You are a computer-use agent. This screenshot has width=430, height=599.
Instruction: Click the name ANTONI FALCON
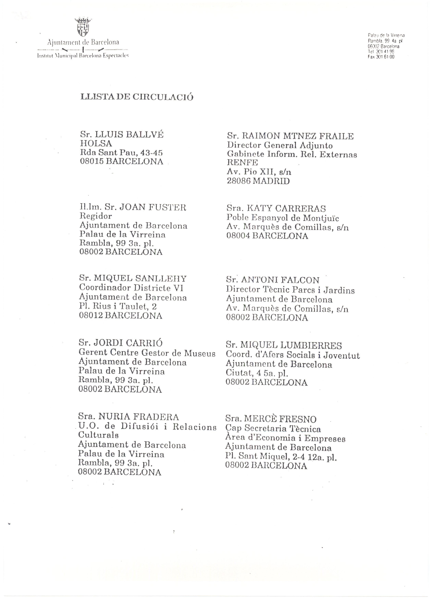point(280,280)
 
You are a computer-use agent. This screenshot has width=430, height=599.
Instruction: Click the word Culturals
point(98,435)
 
